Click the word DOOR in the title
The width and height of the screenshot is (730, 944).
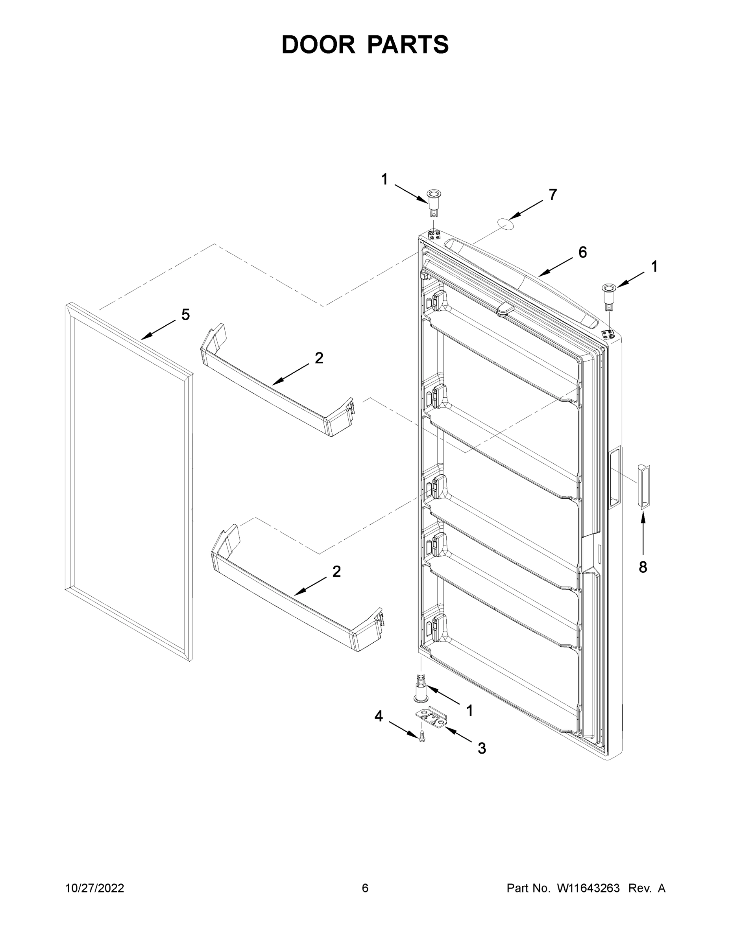pyautogui.click(x=318, y=44)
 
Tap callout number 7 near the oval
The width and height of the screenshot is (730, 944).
pyautogui.click(x=553, y=195)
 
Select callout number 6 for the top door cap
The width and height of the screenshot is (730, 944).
pyautogui.click(x=582, y=253)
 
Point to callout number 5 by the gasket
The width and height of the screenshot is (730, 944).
pyautogui.click(x=185, y=315)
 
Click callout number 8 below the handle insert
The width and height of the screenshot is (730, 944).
pyautogui.click(x=643, y=567)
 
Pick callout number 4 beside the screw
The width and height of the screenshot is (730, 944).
pyautogui.click(x=379, y=717)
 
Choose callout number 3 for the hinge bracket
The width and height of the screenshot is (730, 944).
pyautogui.click(x=482, y=748)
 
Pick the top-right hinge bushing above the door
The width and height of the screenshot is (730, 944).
pyautogui.click(x=608, y=297)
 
